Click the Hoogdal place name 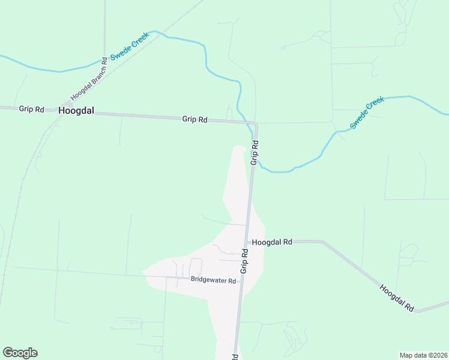77,111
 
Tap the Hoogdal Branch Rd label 89,79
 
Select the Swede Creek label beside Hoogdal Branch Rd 128,48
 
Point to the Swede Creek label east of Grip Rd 366,113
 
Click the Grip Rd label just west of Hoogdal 31,109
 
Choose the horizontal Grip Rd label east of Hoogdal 194,119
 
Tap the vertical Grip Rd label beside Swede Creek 255,153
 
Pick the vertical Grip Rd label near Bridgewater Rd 244,262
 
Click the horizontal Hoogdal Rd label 272,242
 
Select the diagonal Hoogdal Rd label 397,297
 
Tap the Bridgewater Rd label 213,280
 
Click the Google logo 20,353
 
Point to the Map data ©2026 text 423,355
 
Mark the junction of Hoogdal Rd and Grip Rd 247,242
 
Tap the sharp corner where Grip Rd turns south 256,124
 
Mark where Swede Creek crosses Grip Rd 253,136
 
